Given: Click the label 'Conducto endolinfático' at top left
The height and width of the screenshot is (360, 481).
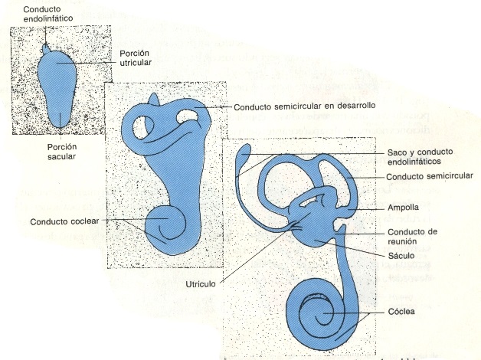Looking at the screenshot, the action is coord(48,14).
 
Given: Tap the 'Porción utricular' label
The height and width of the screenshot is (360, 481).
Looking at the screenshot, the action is coord(136,58).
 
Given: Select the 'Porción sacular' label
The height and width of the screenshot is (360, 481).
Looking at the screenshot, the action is coord(62,152).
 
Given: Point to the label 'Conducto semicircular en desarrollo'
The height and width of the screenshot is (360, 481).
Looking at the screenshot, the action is coord(305,106).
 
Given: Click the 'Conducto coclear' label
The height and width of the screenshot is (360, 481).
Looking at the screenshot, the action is coord(65,221).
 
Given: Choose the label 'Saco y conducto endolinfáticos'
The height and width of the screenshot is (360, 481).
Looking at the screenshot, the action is coord(420,157).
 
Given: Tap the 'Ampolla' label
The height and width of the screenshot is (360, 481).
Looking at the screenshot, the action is coord(403,208).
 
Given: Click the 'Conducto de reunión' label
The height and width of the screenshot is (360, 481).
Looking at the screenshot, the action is coord(412,237).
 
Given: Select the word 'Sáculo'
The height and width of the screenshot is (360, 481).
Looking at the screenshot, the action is coord(401,255).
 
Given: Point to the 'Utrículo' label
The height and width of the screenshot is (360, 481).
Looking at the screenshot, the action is coord(201,284).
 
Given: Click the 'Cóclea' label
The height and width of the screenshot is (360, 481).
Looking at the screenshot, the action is coord(401,312).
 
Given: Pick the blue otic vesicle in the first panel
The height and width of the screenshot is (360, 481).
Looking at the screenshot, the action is coord(57,87).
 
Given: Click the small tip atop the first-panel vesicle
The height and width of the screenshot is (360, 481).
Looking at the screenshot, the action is coord(46,48).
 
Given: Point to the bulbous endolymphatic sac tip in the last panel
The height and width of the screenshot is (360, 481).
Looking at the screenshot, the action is coord(245,150).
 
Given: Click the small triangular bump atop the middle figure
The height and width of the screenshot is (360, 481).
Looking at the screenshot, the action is coord(154,100).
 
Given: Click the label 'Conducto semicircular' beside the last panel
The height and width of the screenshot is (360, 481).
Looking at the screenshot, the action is coord(430,177).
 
